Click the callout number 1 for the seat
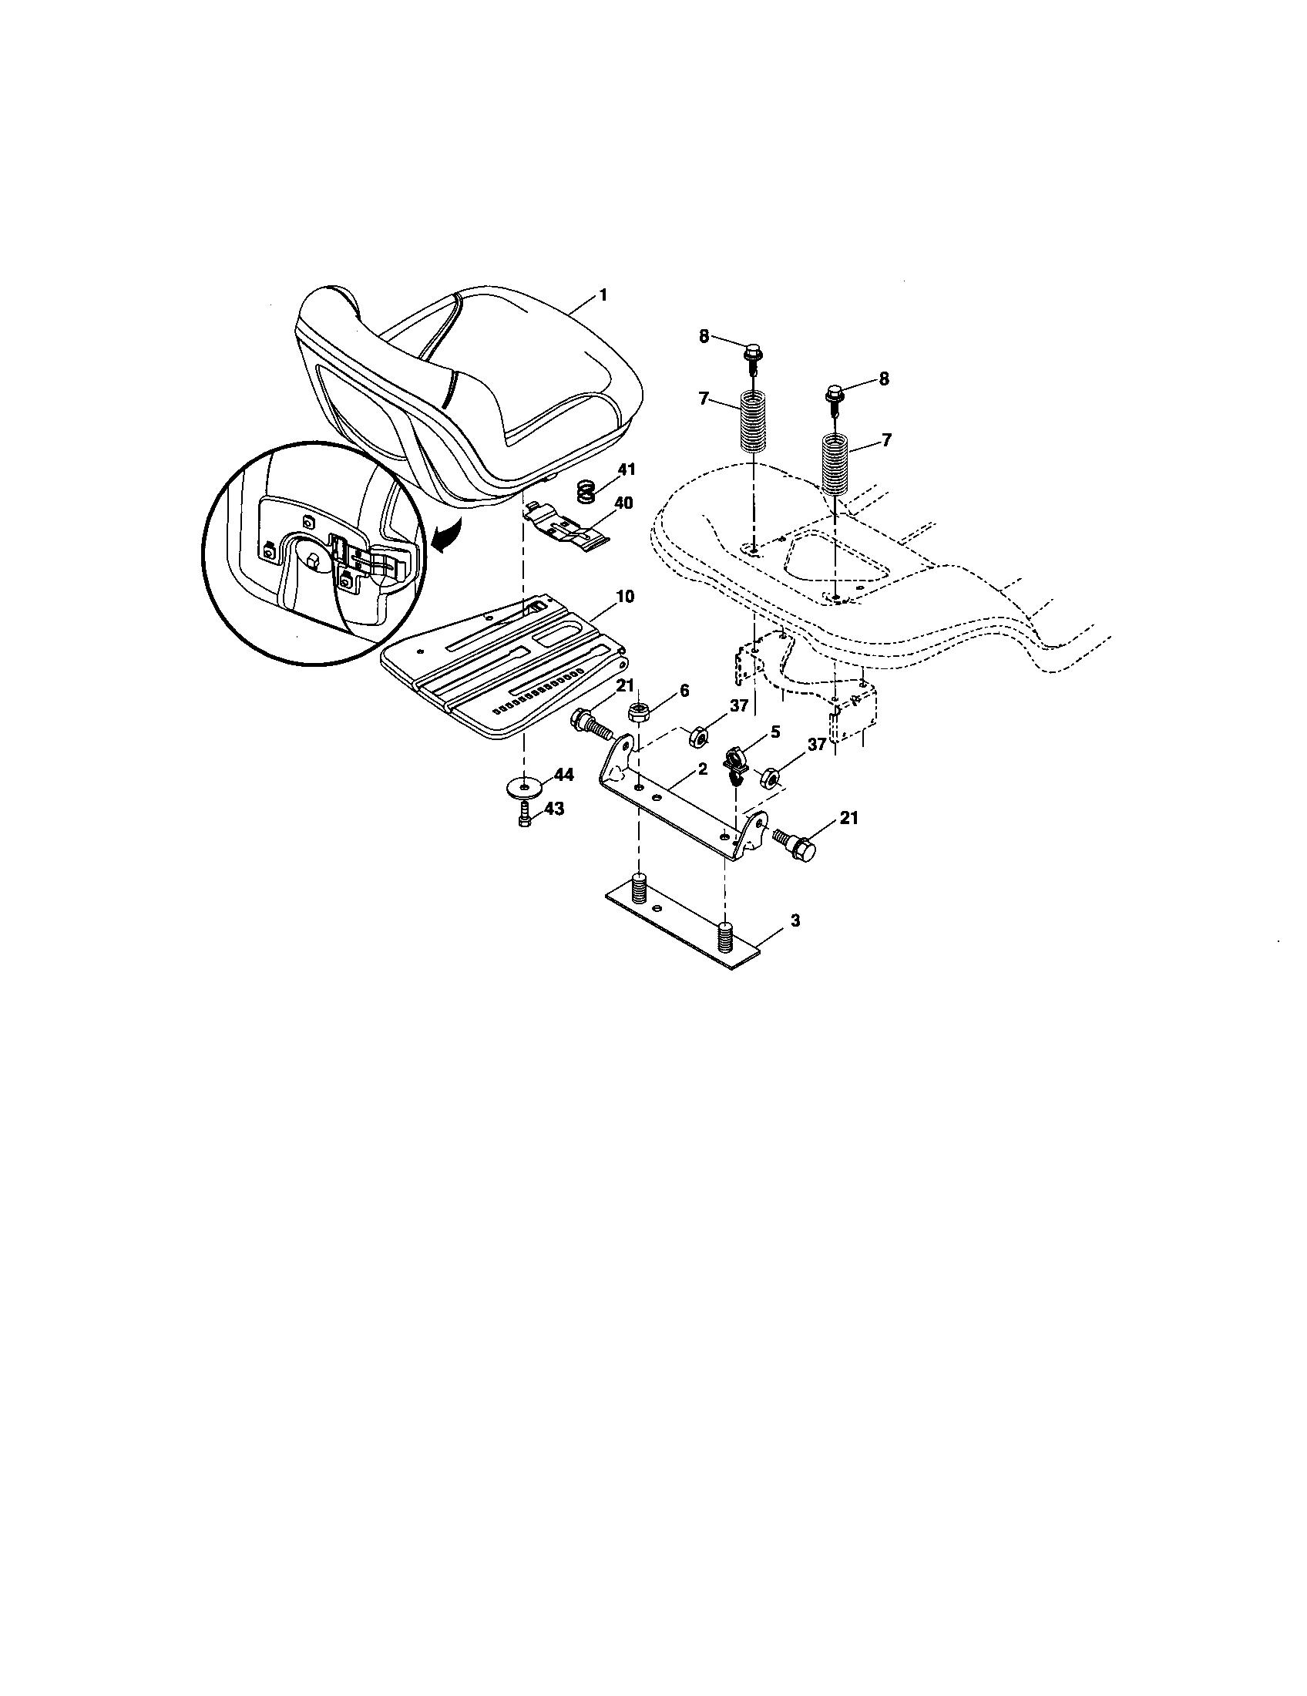(x=603, y=295)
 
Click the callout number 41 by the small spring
(x=626, y=469)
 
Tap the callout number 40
(x=623, y=503)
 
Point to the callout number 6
(x=683, y=690)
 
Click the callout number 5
(x=774, y=732)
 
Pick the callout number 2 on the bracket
(x=701, y=769)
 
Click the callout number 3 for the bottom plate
(x=795, y=920)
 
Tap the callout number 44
(x=563, y=774)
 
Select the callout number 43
(x=554, y=809)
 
